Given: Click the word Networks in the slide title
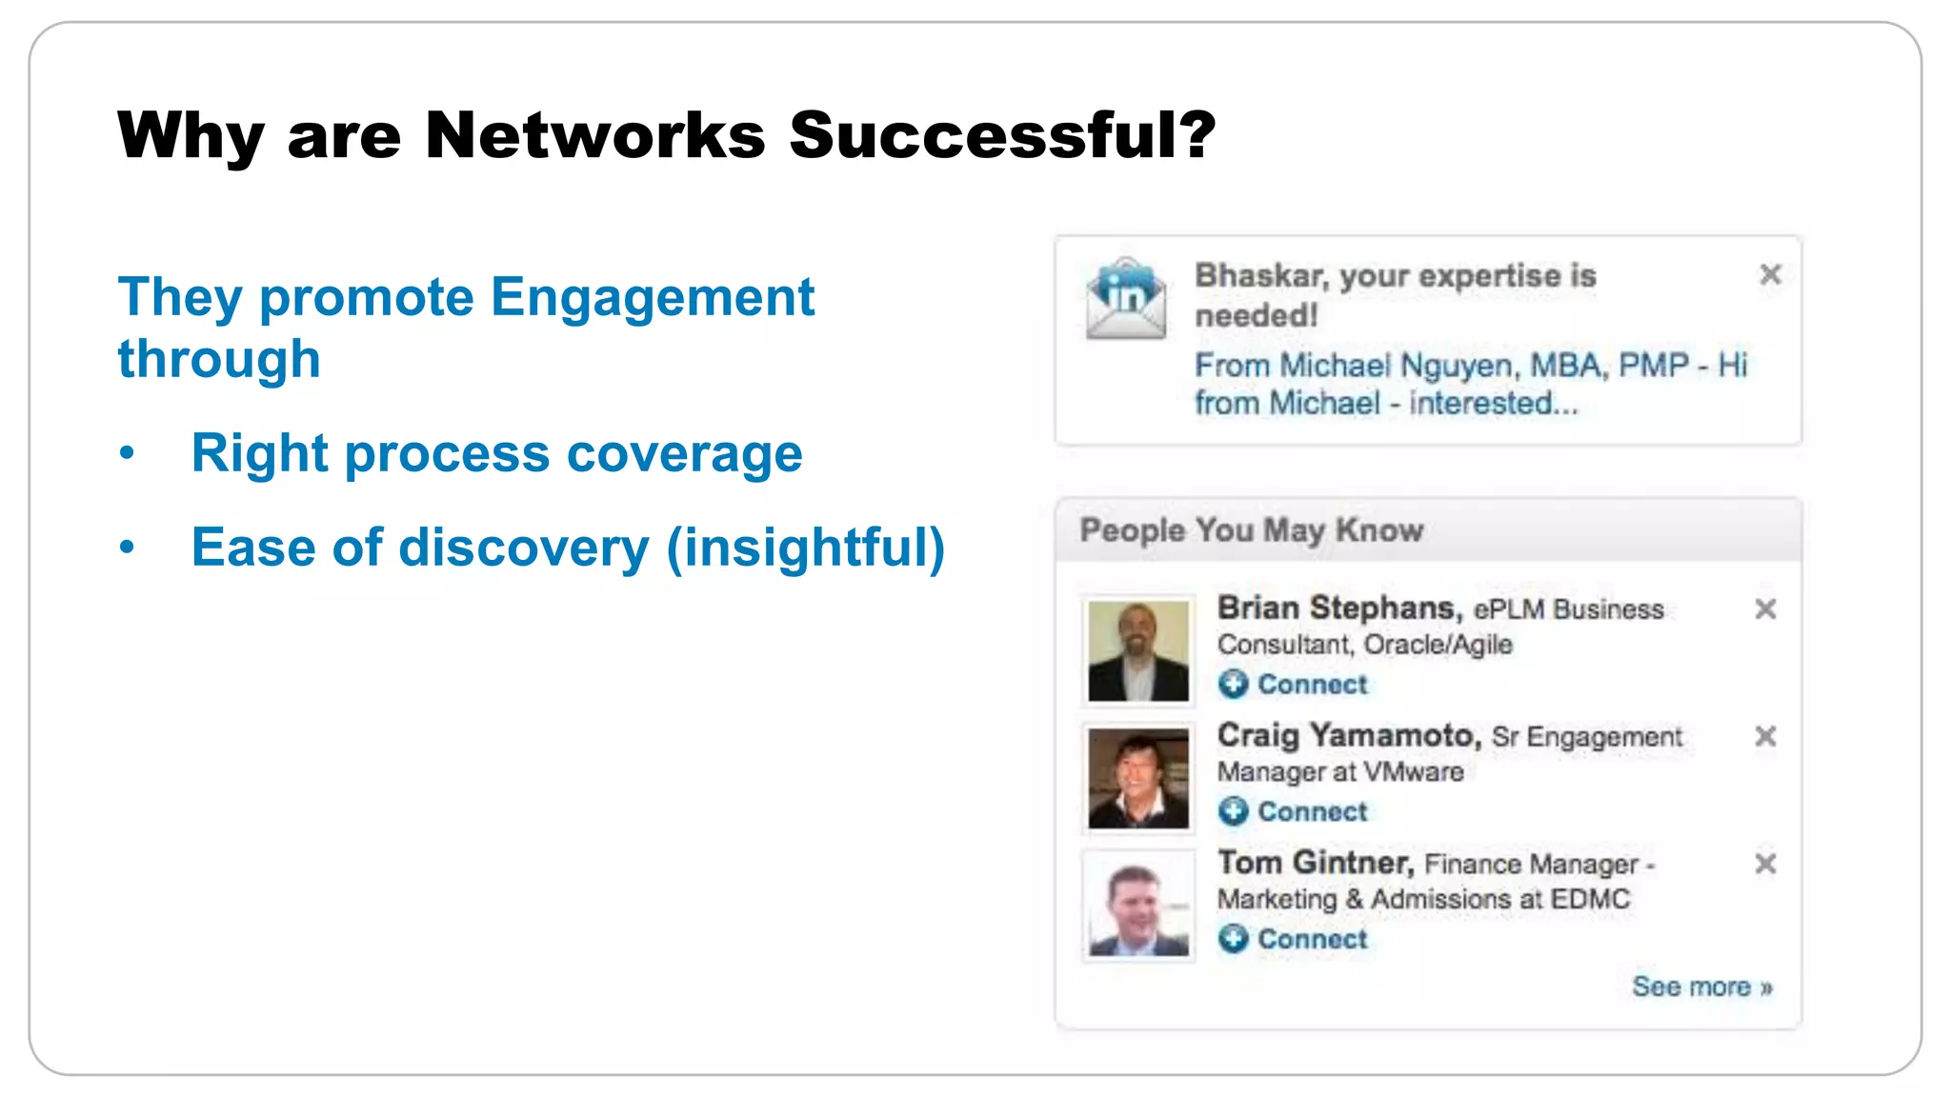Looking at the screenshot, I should point(594,135).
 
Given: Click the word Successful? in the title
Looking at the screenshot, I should point(1002,135).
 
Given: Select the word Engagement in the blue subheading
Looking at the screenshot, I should point(653,297).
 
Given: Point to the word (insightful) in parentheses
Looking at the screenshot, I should point(805,548).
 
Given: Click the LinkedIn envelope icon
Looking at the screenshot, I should point(1126,299).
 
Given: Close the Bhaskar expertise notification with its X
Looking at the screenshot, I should point(1770,275).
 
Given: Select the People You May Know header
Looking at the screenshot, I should point(1251,530).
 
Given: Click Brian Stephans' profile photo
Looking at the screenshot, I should point(1138,651).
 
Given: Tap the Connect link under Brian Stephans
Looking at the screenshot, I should point(1312,685).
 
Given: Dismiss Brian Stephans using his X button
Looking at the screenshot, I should point(1765,609).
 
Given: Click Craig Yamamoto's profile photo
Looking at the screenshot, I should point(1138,779).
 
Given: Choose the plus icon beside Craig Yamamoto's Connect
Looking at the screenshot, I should point(1233,811).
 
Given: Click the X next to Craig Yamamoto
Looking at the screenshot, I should point(1765,736).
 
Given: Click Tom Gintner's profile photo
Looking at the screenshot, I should point(1138,907).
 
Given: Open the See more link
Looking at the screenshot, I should point(1701,987).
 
